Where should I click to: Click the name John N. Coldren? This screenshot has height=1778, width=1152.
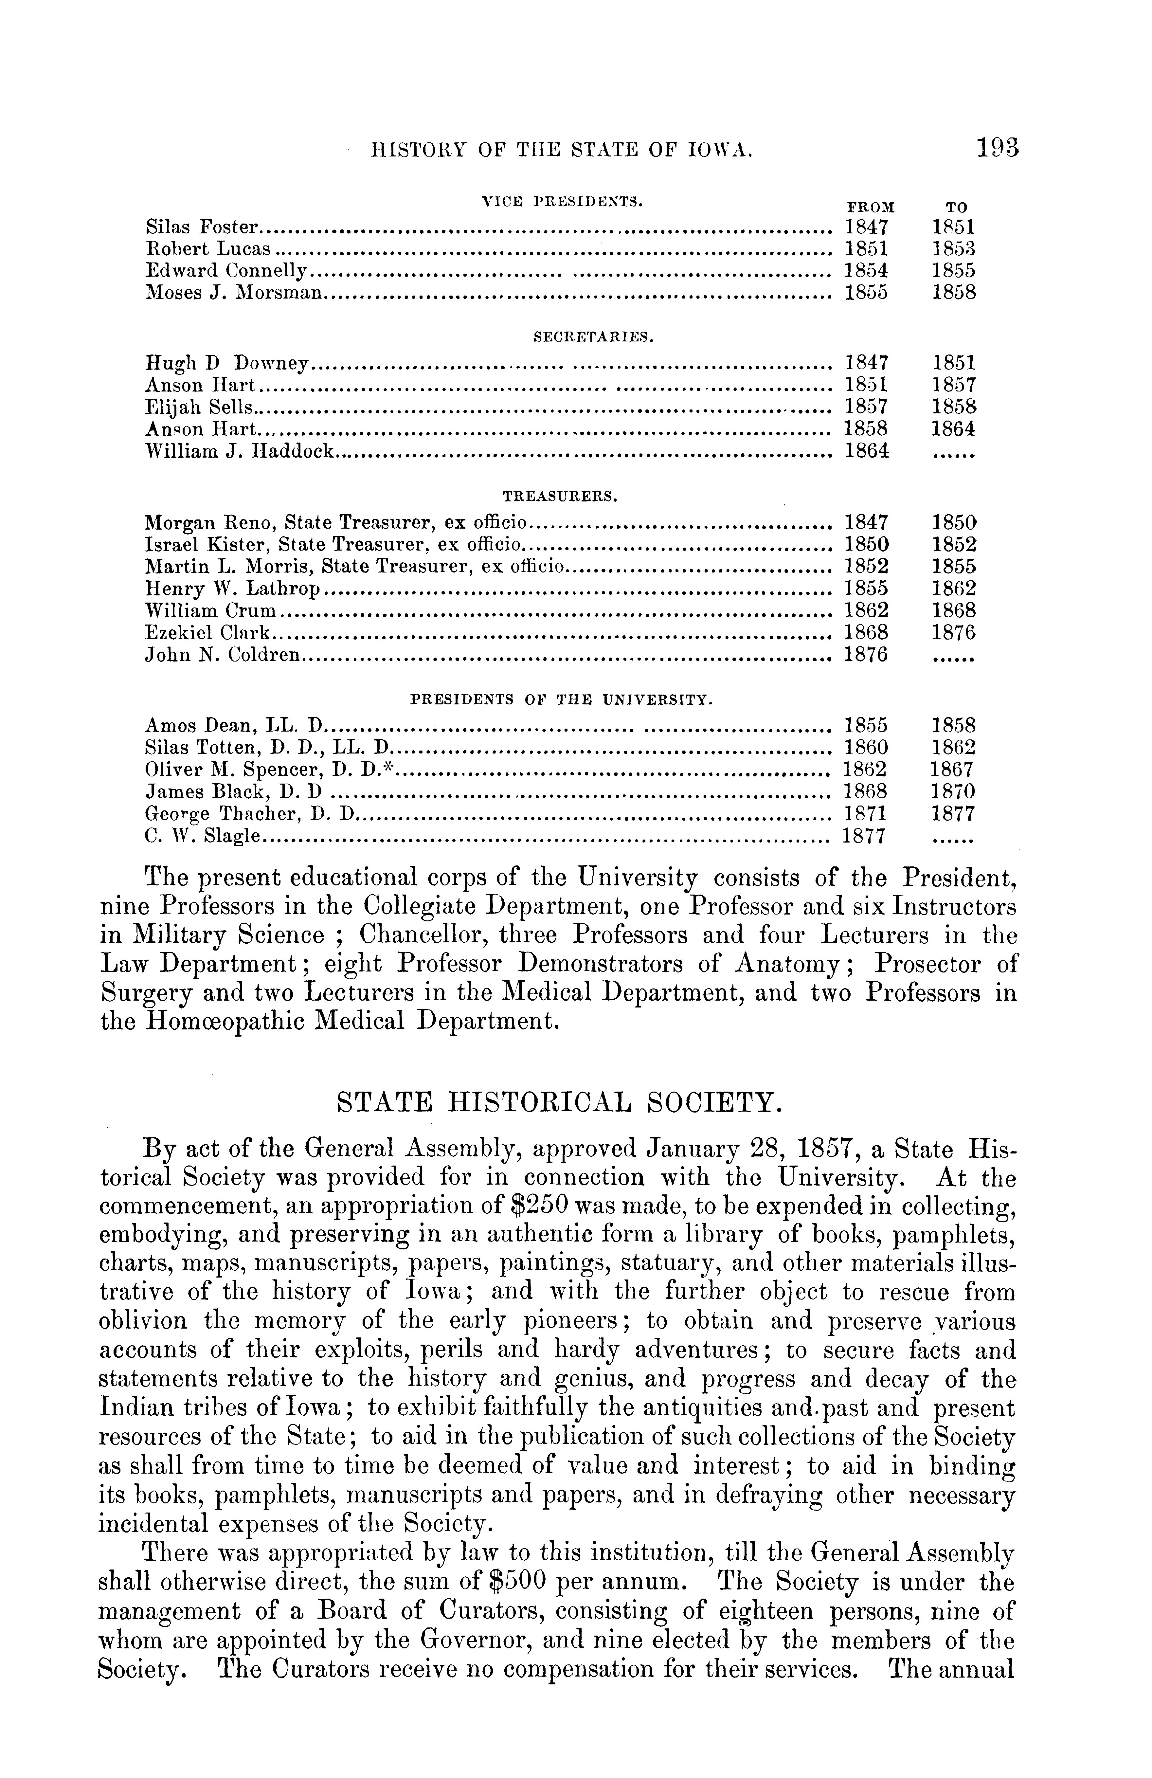223,655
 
